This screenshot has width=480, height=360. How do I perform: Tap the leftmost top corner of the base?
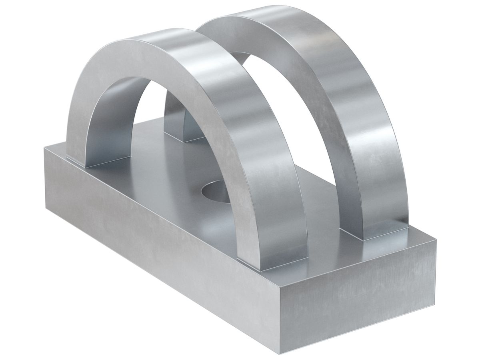[43, 148]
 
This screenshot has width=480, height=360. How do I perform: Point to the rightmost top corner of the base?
[436, 240]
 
